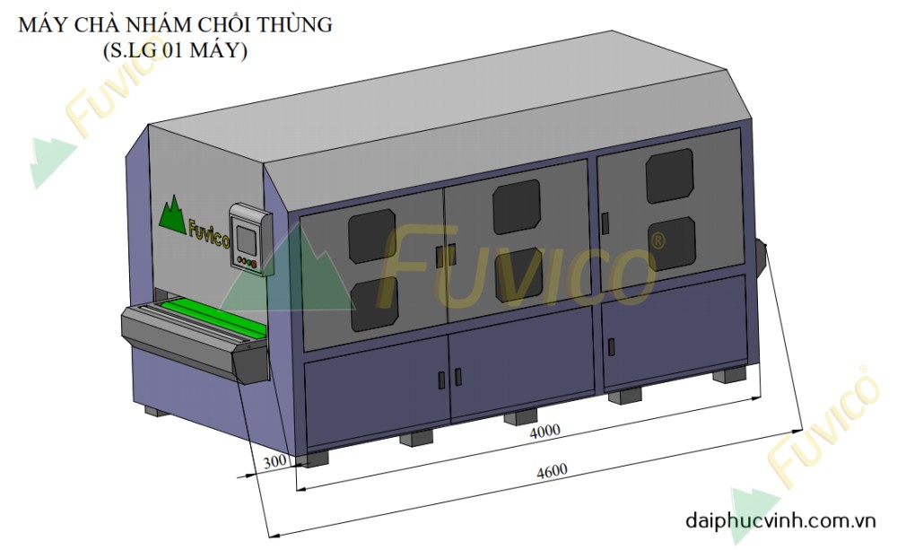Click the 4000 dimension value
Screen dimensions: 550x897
(544, 431)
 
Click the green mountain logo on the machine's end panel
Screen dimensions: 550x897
(173, 214)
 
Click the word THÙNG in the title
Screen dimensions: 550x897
(296, 25)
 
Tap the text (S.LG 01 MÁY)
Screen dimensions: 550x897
(175, 51)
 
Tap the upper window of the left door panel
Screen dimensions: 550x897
(371, 235)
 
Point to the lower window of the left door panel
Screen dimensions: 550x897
(374, 303)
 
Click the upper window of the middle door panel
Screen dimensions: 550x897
(516, 206)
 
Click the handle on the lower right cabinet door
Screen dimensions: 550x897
(614, 345)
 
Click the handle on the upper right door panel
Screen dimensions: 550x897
(605, 220)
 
